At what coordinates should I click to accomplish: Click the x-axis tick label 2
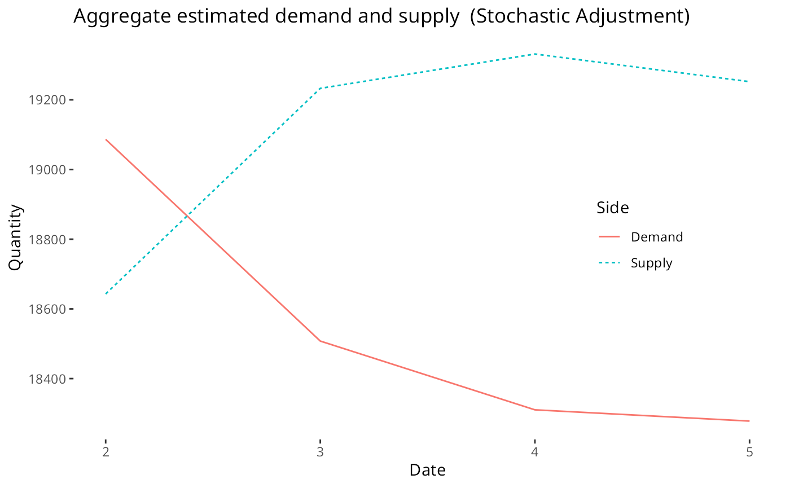pyautogui.click(x=106, y=452)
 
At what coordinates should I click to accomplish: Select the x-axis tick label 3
pyautogui.click(x=321, y=452)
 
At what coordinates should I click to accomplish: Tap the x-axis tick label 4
pyautogui.click(x=535, y=452)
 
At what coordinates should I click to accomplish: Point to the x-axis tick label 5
pyautogui.click(x=749, y=452)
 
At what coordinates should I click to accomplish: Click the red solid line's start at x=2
pyautogui.click(x=106, y=139)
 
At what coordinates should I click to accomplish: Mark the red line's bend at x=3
pyautogui.click(x=321, y=341)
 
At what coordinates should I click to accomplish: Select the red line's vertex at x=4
pyautogui.click(x=535, y=410)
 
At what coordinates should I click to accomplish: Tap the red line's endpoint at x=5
pyautogui.click(x=749, y=421)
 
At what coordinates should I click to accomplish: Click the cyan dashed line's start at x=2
pyautogui.click(x=106, y=294)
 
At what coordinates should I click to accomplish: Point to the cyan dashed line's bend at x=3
pyautogui.click(x=321, y=88)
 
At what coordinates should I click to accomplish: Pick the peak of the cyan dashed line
pyautogui.click(x=535, y=54)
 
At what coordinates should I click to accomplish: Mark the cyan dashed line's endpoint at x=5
pyautogui.click(x=749, y=81)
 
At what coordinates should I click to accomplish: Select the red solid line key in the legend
pyautogui.click(x=609, y=236)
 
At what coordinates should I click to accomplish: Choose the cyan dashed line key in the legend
pyautogui.click(x=609, y=262)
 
